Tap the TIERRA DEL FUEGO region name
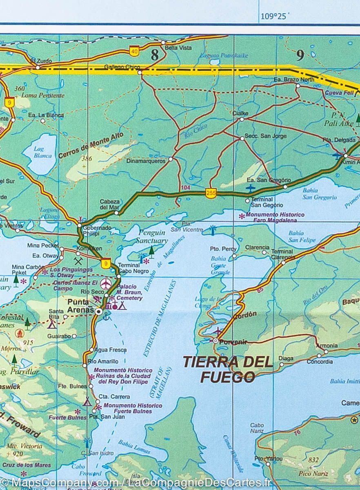(x=227, y=369)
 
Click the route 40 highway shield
(x=133, y=51)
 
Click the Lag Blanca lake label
(x=43, y=152)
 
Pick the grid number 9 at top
(x=300, y=55)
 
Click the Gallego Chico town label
(x=122, y=67)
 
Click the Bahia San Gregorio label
(x=319, y=194)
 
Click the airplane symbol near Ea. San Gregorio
(x=250, y=188)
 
